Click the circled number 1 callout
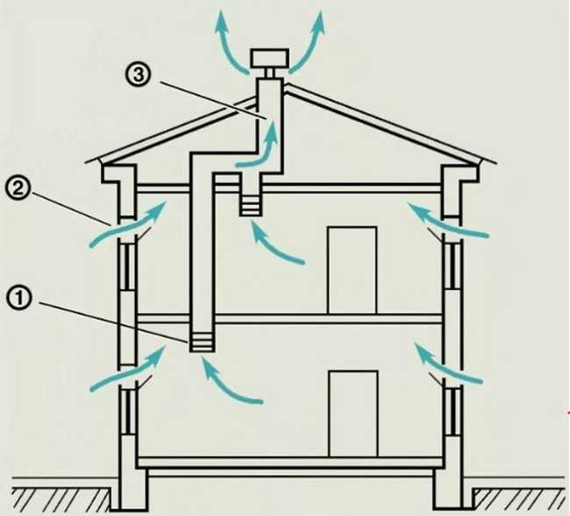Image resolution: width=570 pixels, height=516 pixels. click(19, 300)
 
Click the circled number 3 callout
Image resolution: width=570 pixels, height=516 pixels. click(137, 74)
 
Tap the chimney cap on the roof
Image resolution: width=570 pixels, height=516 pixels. click(269, 58)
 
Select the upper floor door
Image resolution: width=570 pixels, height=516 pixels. click(352, 270)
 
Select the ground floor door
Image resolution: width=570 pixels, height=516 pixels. click(353, 414)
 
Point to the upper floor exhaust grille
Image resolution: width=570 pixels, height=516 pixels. click(250, 206)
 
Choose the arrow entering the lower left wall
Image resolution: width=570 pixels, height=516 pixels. click(128, 368)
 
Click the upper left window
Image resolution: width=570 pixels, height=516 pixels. click(128, 266)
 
